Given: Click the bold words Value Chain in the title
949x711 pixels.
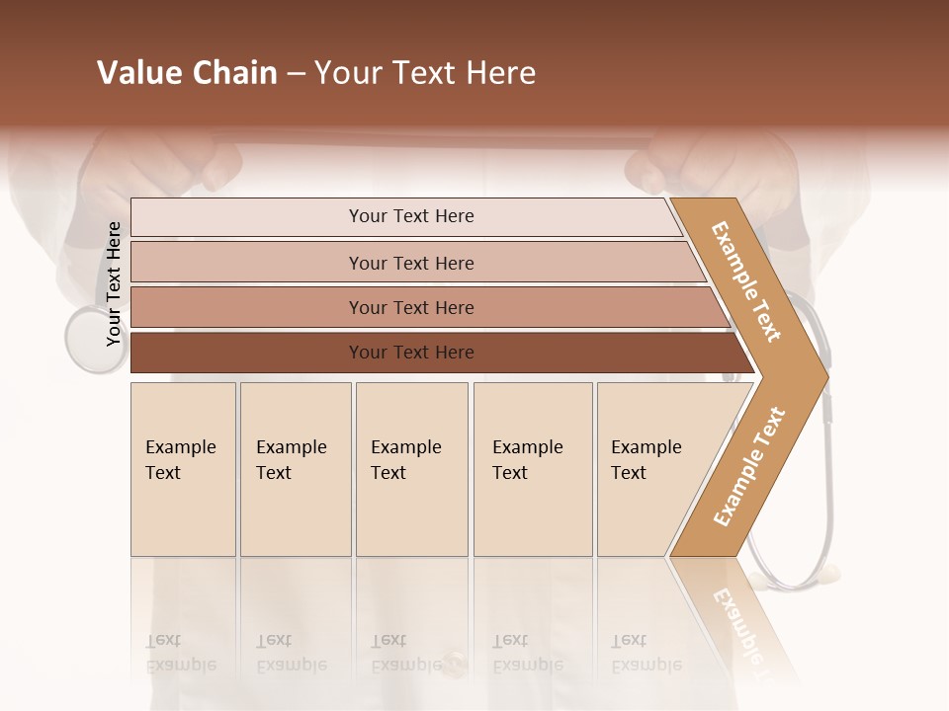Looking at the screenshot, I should click(x=187, y=73).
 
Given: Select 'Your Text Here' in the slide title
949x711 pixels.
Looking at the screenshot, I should click(x=425, y=73).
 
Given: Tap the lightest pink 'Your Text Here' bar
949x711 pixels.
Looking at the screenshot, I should click(x=410, y=216).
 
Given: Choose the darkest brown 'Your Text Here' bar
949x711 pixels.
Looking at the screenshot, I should click(x=410, y=353).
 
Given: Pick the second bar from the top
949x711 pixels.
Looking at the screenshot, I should click(x=410, y=263).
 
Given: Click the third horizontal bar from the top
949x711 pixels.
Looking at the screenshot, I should click(x=410, y=307).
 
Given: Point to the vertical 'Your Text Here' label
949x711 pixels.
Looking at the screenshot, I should click(x=114, y=284).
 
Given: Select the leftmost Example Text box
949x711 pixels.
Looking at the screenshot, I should click(x=183, y=468).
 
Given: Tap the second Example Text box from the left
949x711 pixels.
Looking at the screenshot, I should click(x=295, y=468).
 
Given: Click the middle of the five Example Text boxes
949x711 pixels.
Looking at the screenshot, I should click(x=411, y=468).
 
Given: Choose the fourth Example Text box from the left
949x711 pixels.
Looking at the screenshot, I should click(x=532, y=468).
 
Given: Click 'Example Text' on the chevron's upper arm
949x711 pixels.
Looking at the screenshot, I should click(x=746, y=280).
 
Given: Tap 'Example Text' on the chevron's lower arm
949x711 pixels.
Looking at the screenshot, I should click(x=749, y=466).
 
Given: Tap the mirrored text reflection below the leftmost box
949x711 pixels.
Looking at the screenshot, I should click(x=180, y=653).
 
